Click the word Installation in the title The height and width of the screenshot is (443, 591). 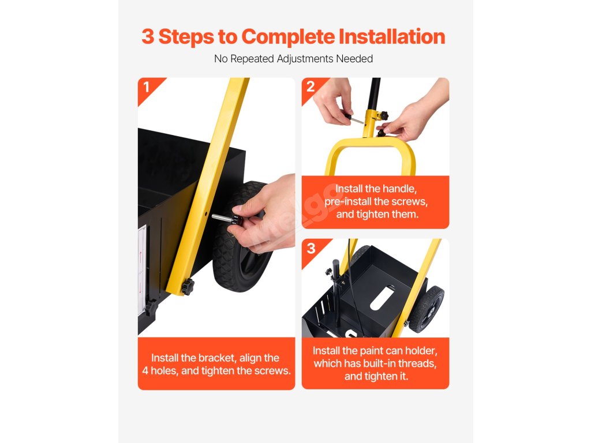click(x=392, y=36)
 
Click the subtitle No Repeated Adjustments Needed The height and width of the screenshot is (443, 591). click(x=293, y=59)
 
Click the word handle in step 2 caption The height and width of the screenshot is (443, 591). click(x=399, y=189)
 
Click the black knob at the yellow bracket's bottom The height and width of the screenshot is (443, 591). click(x=188, y=287)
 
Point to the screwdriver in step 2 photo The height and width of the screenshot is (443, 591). click(x=353, y=118)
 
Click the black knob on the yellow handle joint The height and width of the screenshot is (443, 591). click(x=384, y=115)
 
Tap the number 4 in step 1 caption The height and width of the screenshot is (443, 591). click(x=145, y=371)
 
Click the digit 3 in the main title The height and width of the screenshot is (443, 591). click(x=148, y=36)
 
